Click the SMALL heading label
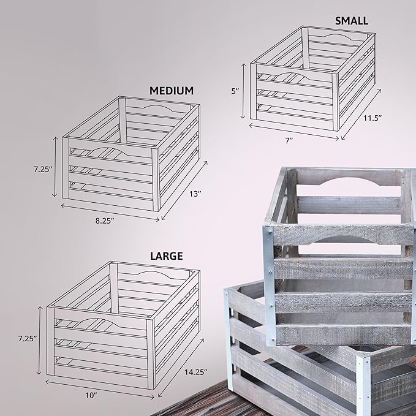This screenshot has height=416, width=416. (x=351, y=21)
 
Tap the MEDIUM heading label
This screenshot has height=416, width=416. (x=172, y=91)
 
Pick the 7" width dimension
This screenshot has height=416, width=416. (x=289, y=140)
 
